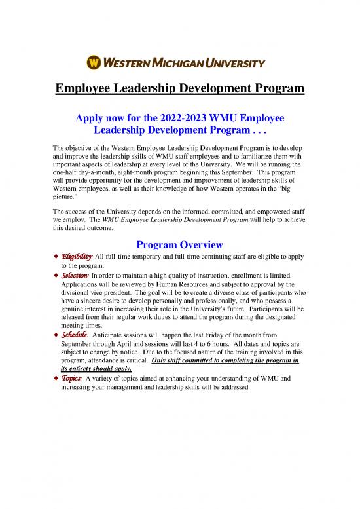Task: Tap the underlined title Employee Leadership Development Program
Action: click(180, 88)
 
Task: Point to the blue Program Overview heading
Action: click(179, 244)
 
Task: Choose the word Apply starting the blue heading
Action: click(94, 117)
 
